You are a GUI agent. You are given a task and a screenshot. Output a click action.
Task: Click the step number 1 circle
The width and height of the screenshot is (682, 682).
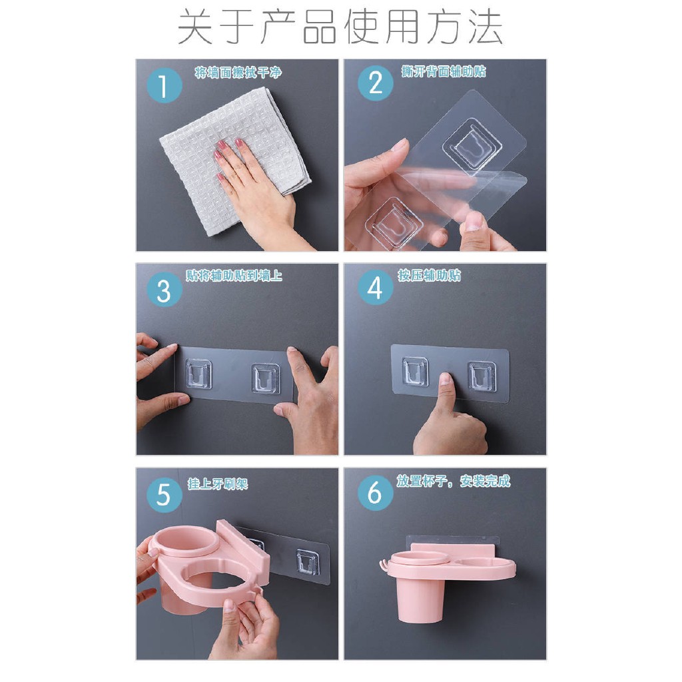tap(164, 85)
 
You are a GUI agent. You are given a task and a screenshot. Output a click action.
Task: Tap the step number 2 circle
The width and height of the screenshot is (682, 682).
tap(375, 83)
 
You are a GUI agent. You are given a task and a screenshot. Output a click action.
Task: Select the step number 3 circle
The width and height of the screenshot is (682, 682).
tap(164, 289)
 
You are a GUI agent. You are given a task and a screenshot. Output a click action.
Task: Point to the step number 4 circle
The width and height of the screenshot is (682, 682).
tap(375, 288)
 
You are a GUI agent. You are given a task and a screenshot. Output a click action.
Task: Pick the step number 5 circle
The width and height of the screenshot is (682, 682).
tap(164, 495)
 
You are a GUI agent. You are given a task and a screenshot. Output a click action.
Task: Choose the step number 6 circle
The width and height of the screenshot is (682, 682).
tap(375, 493)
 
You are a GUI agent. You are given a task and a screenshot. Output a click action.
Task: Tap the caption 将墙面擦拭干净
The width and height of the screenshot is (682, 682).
tap(238, 72)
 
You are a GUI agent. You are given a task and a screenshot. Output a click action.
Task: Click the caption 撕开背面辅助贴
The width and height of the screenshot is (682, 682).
tap(443, 71)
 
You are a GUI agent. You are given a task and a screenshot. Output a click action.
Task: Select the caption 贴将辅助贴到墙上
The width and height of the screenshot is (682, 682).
tap(234, 276)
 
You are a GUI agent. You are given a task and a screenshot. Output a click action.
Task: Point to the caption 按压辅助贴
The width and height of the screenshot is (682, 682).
tap(429, 275)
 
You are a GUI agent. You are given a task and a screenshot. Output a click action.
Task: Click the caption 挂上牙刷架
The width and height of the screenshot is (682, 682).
tap(218, 484)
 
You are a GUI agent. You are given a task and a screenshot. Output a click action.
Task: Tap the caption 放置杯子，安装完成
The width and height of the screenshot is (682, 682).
tap(453, 481)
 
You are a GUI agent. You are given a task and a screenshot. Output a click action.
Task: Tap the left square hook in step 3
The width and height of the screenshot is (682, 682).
tap(198, 374)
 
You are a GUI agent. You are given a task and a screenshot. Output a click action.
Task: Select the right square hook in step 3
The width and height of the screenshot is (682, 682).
tap(265, 378)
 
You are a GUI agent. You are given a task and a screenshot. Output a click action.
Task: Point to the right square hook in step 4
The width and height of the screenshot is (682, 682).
tap(482, 376)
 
